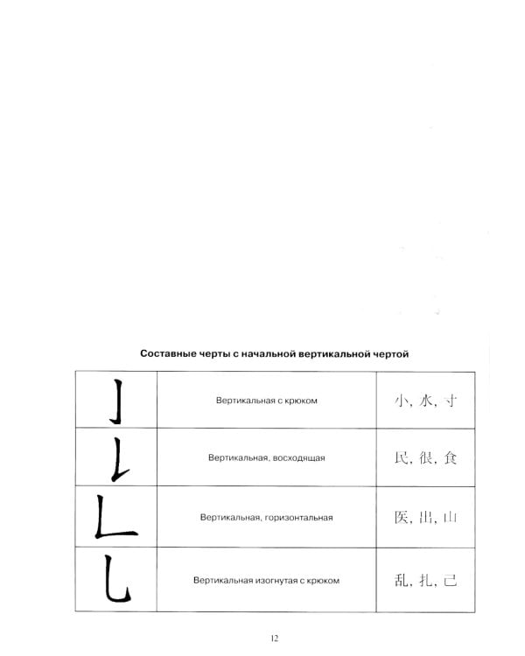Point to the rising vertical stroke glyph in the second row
[x=115, y=458]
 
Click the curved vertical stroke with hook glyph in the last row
[x=115, y=578]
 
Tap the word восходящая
[x=306, y=458]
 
